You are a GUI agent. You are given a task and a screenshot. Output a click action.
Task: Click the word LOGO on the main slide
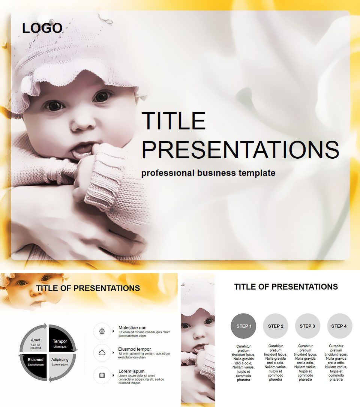pos(42,28)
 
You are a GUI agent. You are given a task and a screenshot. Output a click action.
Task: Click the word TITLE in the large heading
pos(173,121)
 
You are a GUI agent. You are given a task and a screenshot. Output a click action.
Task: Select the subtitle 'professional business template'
pos(208,173)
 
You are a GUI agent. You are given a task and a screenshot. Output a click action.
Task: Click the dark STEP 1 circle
pos(243,326)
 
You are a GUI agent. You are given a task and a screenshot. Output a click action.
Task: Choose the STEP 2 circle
pos(275,326)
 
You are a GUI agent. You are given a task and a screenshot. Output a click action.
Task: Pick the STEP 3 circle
pos(307,326)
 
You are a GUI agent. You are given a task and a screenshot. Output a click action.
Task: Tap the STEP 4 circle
pos(339,326)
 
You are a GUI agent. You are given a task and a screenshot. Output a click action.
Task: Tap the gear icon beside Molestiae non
pos(102,331)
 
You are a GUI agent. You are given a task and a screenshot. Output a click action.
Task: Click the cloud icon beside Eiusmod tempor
pos(102,353)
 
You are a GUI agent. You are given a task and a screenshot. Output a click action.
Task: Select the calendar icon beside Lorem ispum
pos(102,375)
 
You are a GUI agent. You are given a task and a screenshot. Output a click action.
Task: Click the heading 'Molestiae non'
pos(132,327)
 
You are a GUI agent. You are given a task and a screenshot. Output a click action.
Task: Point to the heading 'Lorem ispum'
pos(131,371)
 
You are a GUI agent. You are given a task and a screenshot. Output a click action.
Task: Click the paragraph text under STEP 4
pos(336,363)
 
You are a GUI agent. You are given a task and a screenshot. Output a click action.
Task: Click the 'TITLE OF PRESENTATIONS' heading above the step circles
pos(286,287)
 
